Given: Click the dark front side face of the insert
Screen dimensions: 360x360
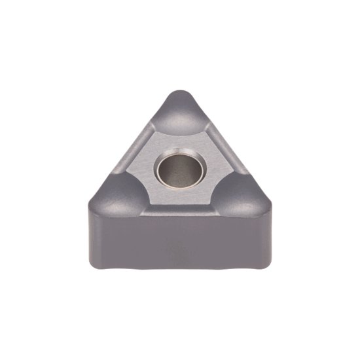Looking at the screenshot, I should pyautogui.click(x=180, y=242).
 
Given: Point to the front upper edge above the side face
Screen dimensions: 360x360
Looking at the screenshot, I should pyautogui.click(x=180, y=216).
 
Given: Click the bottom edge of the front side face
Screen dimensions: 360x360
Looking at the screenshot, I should pyautogui.click(x=180, y=268).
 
